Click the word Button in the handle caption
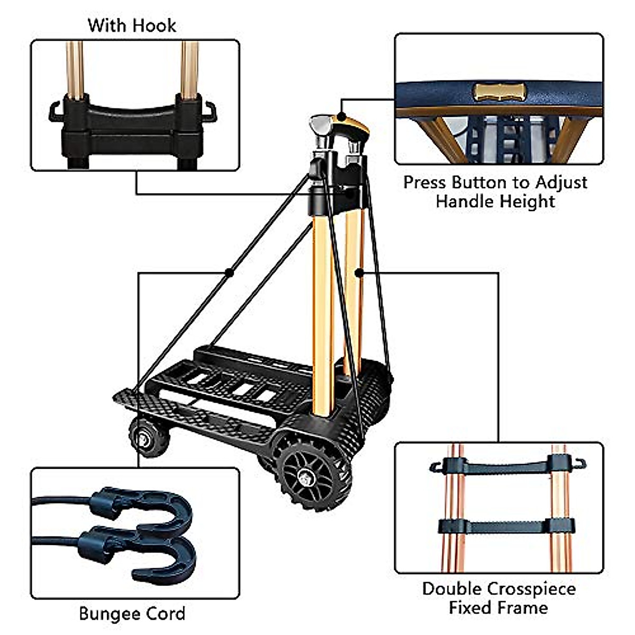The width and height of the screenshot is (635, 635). [x=480, y=183]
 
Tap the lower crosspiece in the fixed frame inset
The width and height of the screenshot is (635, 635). [x=507, y=527]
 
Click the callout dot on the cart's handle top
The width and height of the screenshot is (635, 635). [x=342, y=115]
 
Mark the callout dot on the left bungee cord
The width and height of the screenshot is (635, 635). [x=229, y=273]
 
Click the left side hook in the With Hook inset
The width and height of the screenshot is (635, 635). [x=55, y=112]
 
